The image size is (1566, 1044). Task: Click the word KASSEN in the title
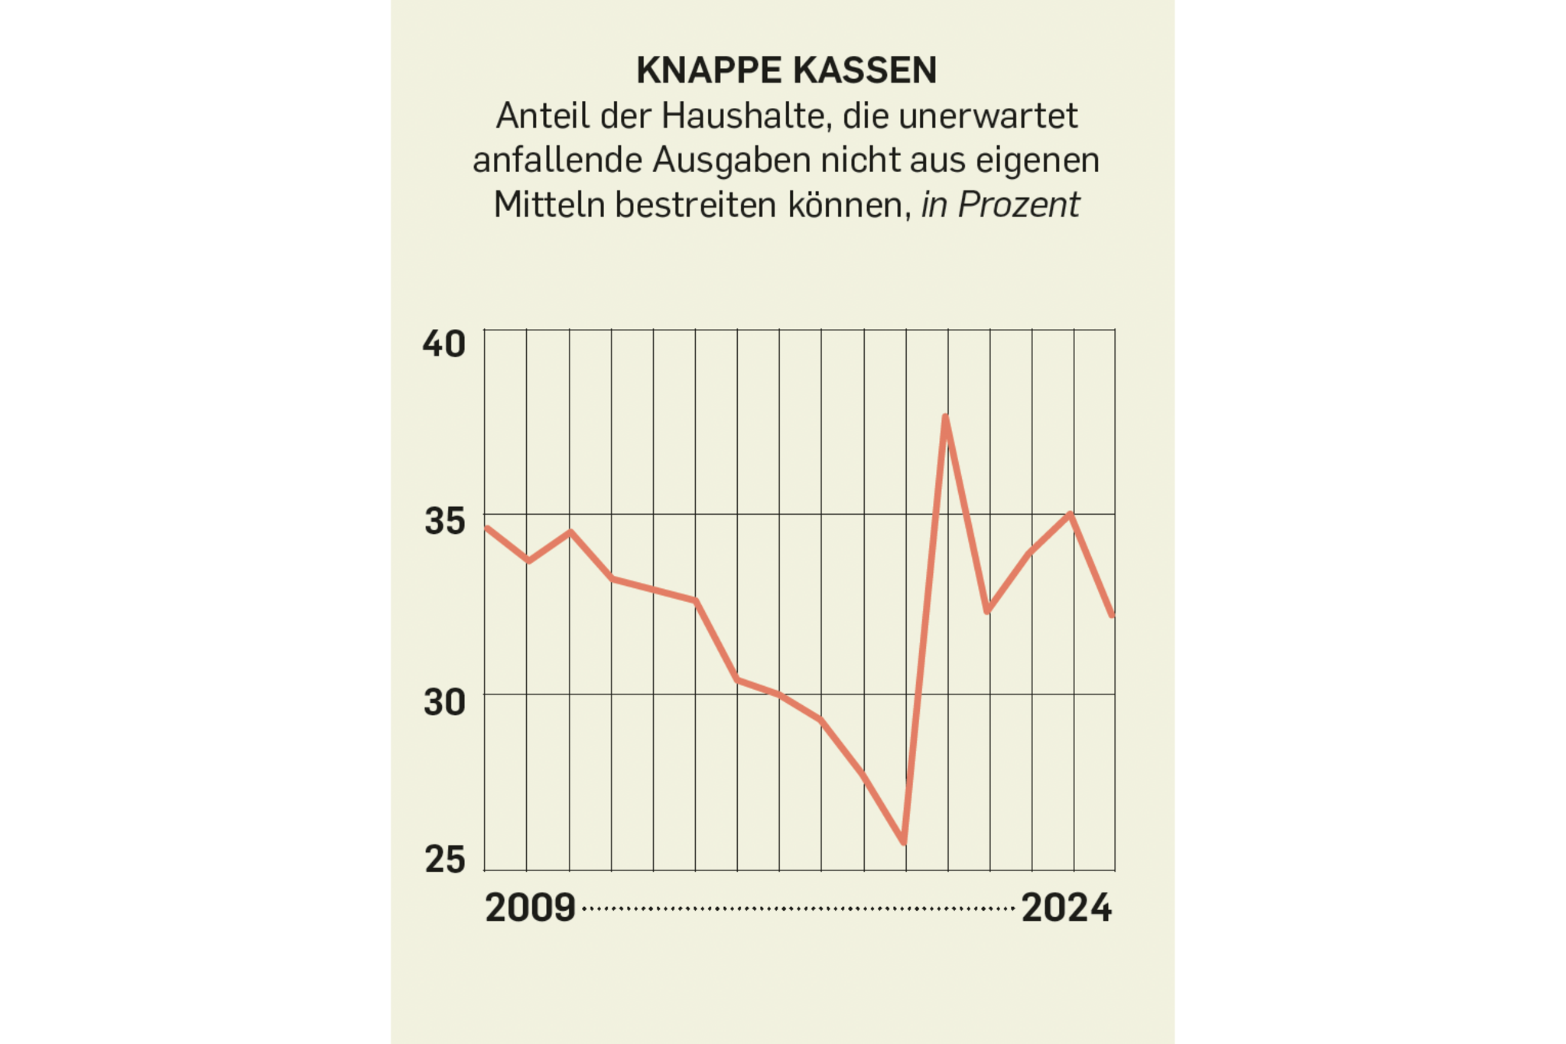pos(865,71)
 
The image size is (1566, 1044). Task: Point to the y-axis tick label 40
pos(444,344)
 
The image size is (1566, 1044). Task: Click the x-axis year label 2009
pos(530,909)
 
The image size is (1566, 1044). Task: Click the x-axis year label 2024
pos(1066,909)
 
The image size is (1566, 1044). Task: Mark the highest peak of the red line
pos(946,418)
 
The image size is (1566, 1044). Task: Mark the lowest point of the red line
pos(904,842)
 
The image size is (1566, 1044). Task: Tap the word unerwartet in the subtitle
pos(988,116)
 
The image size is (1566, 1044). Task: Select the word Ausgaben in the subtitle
pos(732,161)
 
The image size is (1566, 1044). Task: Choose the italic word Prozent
pos(1019,205)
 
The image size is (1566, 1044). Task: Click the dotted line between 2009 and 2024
pos(798,909)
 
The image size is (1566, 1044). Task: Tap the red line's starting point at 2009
pos(487,528)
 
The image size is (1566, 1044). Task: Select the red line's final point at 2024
pos(1113,615)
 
